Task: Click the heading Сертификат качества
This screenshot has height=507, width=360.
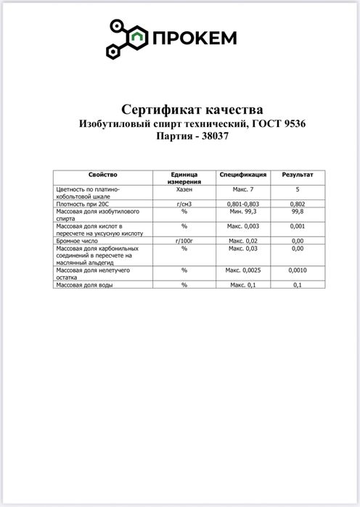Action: tap(192, 110)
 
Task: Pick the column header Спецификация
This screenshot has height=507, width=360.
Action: tap(244, 176)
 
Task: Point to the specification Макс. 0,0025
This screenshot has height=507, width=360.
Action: tap(244, 270)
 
